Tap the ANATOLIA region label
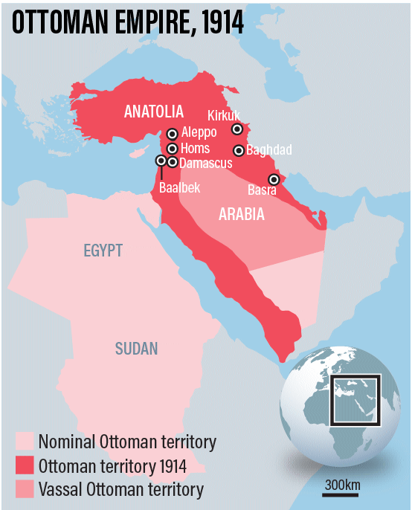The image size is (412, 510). coord(154,112)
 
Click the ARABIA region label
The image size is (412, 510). coord(242,214)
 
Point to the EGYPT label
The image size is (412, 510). coord(103,251)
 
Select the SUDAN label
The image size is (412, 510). coord(136,348)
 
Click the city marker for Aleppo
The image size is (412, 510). coord(173,134)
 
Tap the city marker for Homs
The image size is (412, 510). coord(173,149)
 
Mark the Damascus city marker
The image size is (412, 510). coord(173,161)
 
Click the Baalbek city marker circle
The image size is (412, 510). coord(161,160)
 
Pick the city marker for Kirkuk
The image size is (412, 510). coord(237,129)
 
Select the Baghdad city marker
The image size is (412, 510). coord(239,150)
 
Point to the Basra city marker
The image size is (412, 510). coord(274,179)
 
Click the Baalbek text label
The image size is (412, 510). coord(179,187)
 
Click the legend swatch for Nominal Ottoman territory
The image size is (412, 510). coord(25,442)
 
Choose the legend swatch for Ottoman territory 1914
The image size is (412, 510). coord(25,466)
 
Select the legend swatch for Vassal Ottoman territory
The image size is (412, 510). coord(25,489)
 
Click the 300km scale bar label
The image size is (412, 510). coord(343,485)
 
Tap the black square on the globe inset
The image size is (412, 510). coord(355,400)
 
